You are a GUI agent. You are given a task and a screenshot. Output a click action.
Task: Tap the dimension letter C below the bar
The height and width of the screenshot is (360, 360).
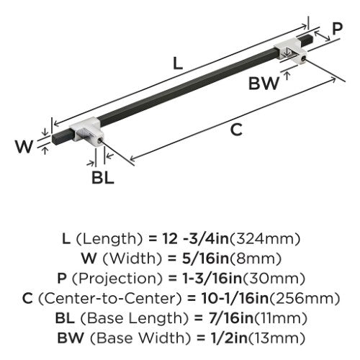pos(236,130)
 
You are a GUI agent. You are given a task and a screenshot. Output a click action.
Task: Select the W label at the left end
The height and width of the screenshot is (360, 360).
pos(24,146)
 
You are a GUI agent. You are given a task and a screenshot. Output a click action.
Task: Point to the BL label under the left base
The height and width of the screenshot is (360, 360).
pos(102,178)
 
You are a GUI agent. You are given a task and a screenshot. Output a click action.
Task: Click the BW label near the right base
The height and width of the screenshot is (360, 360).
pos(264,84)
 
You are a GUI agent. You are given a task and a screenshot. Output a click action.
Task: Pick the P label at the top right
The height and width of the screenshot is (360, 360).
pos(337,29)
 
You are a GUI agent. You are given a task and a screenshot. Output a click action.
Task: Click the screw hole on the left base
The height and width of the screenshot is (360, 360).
pos(99,139)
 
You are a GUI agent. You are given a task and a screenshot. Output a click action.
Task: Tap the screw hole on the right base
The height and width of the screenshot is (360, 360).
pos(304,58)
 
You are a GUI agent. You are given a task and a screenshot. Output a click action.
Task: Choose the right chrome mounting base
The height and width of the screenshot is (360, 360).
pos(291,51)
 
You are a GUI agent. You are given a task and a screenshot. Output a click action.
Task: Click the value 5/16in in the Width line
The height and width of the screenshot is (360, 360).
pos(205,258)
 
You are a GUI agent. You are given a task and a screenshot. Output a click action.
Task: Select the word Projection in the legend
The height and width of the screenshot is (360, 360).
pos(117,279)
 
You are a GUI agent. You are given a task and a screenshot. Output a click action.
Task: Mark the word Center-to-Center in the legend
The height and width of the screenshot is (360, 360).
pos(109,299)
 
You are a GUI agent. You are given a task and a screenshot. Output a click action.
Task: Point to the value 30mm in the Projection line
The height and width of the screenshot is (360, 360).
pos(274,279)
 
